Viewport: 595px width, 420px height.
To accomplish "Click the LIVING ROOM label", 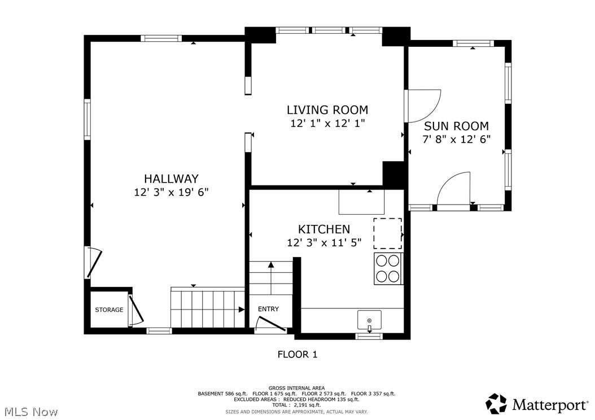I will point(327,110).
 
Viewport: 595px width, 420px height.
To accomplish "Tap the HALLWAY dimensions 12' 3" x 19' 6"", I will point(171,192).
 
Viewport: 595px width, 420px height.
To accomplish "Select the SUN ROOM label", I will point(456,126).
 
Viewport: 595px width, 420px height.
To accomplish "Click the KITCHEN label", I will point(324,229).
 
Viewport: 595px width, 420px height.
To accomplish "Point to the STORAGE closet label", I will point(109,310).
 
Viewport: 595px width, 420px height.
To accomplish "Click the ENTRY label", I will point(268,309).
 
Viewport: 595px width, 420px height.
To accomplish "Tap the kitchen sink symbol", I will point(369,320).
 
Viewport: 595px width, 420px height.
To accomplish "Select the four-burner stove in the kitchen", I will point(387,268).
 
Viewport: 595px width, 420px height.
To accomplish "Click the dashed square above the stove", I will point(387,233).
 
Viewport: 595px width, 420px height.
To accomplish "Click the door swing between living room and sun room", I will point(423,105).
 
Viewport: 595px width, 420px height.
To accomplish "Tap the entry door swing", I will point(270,324).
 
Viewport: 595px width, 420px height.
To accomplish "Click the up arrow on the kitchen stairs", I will point(271,264).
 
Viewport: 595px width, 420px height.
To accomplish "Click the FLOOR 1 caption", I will point(297,354).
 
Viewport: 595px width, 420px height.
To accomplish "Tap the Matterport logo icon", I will point(496,404).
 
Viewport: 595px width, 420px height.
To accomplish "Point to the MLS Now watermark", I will point(29,412).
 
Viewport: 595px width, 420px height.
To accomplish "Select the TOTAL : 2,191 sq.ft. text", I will point(297,405).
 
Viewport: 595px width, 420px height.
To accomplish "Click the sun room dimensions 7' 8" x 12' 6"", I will point(456,139).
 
